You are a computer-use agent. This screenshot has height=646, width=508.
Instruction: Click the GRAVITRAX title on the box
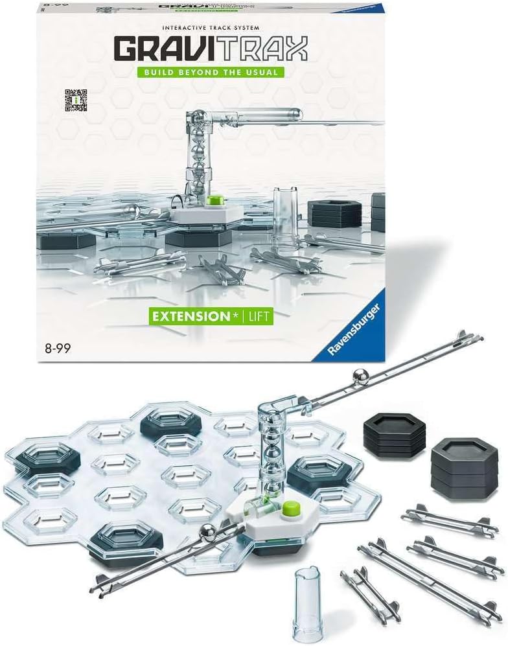pyautogui.click(x=211, y=49)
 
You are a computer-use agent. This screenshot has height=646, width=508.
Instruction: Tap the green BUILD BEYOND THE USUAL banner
pyautogui.click(x=211, y=73)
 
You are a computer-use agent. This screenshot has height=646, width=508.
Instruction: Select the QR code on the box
pyautogui.click(x=76, y=100)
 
